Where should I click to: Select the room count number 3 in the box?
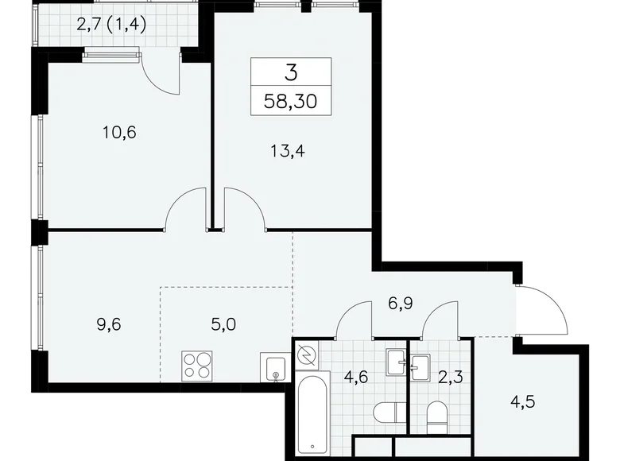290,74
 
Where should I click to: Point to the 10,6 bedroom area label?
120,132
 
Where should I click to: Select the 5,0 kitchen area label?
200,324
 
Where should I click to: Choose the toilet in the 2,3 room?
436,413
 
